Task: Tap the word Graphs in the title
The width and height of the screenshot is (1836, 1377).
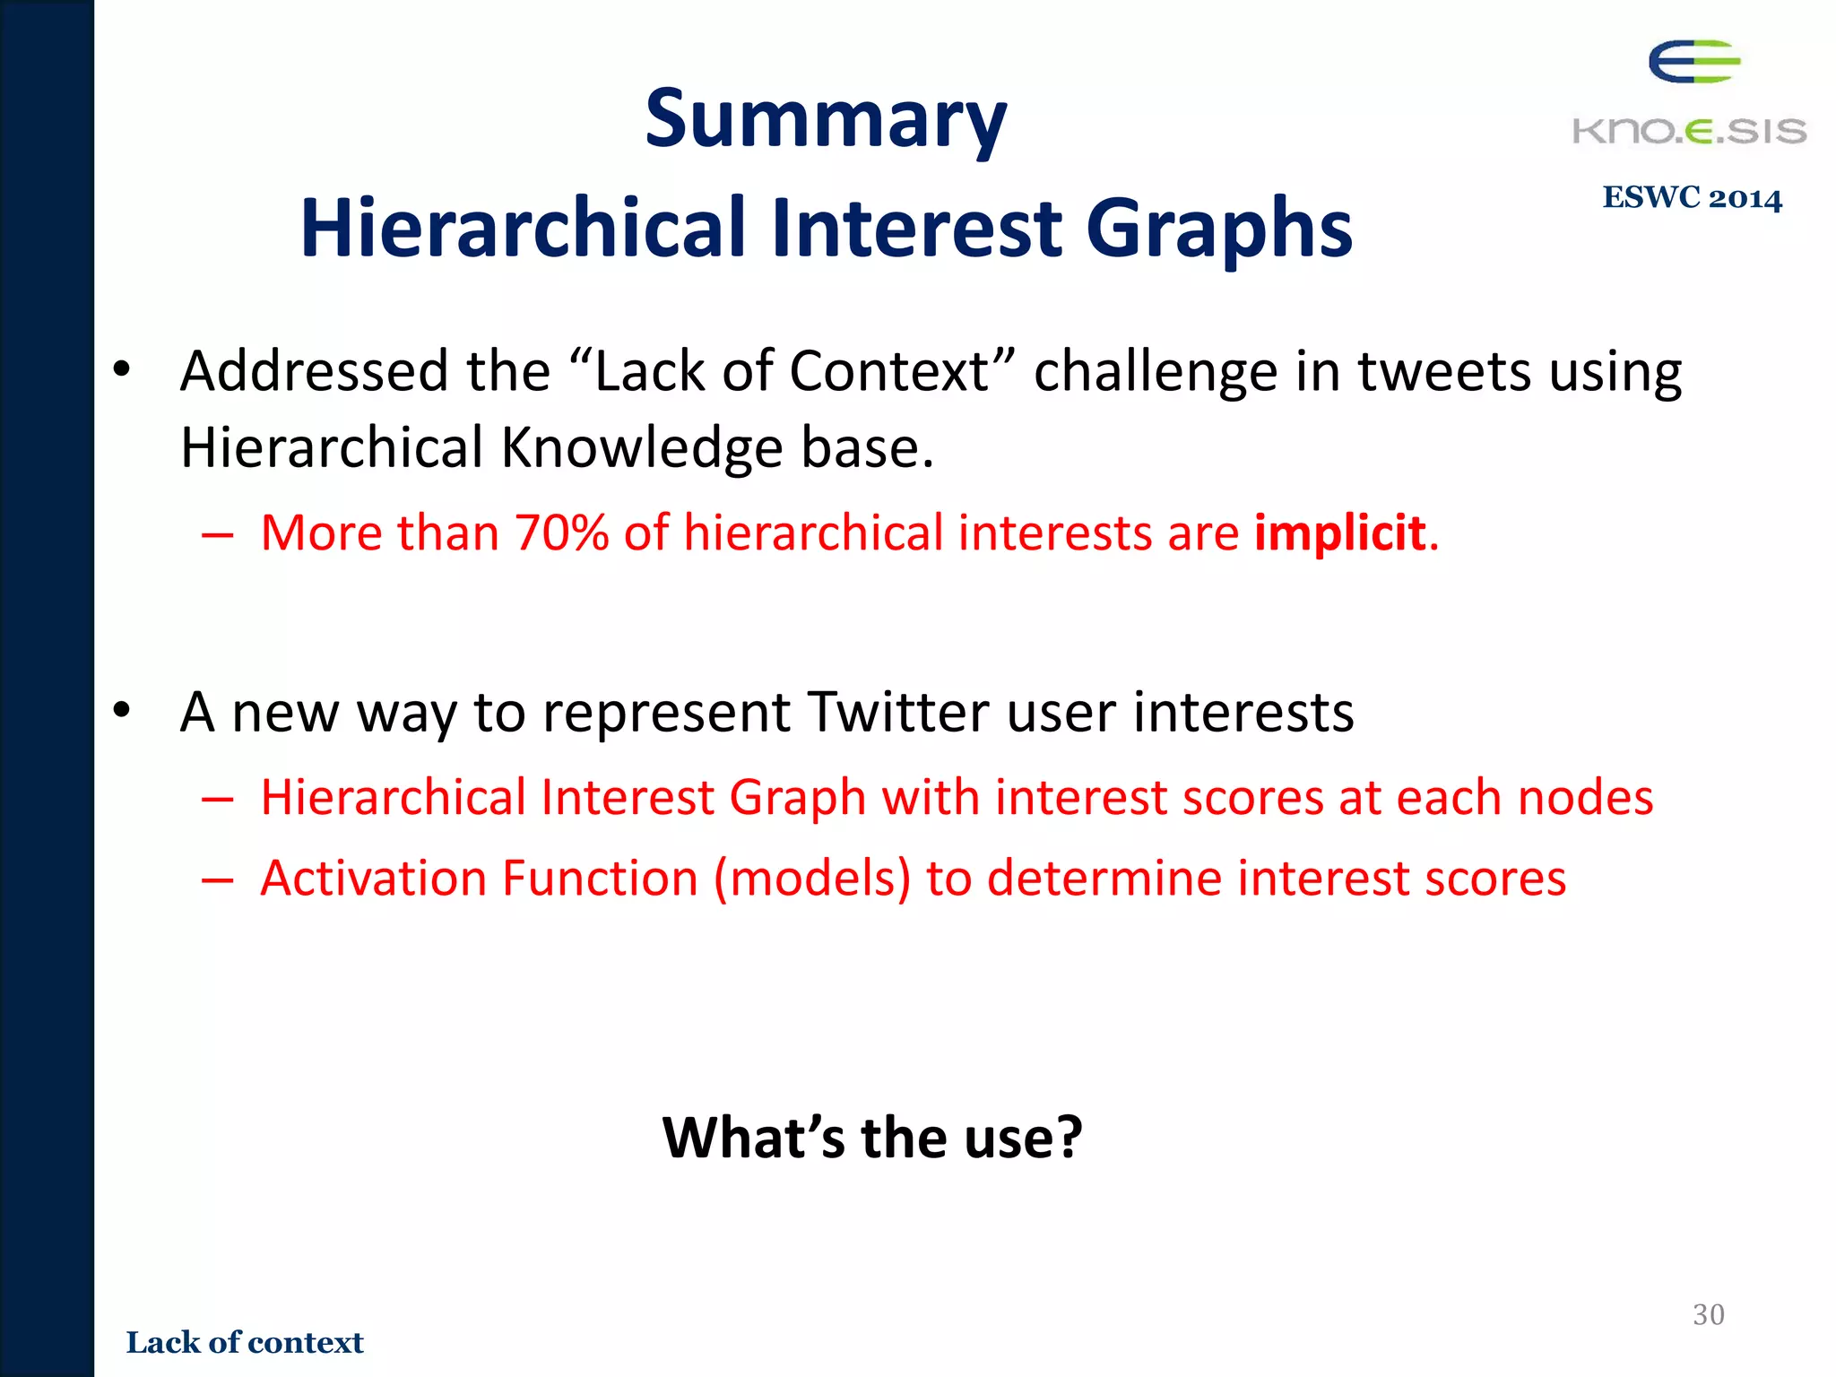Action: click(x=1218, y=229)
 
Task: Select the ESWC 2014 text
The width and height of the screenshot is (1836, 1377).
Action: click(x=1692, y=197)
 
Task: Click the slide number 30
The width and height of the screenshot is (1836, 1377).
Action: click(x=1708, y=1314)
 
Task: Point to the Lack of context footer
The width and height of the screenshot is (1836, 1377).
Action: click(x=245, y=1342)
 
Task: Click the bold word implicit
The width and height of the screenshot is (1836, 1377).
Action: click(x=1339, y=533)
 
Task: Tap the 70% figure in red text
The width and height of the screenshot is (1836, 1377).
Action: click(x=561, y=533)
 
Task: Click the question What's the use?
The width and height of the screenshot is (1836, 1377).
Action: click(x=872, y=1138)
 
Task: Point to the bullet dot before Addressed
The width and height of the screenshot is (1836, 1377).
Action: click(x=122, y=369)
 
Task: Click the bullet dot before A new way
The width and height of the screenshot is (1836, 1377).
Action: click(x=122, y=711)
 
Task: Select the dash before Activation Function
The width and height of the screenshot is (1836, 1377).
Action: click(x=218, y=879)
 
